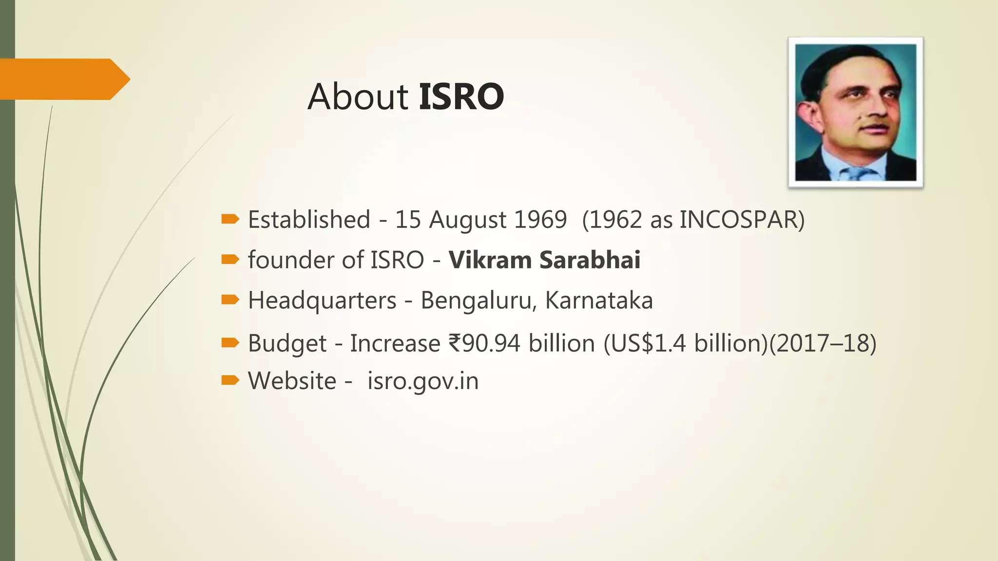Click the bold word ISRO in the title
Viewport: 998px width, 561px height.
point(461,96)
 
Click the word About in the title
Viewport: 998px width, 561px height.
point(358,96)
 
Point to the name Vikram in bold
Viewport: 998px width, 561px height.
point(490,260)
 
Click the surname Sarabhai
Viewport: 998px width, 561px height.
point(590,260)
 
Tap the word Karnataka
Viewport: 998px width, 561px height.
point(599,300)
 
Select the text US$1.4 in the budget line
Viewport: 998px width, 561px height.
point(648,343)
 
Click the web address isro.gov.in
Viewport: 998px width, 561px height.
point(423,381)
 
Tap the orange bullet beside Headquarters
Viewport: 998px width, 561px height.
point(230,299)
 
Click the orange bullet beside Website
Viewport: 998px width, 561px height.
point(230,380)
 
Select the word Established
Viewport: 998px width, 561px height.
point(309,220)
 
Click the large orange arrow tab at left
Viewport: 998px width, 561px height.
point(63,79)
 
